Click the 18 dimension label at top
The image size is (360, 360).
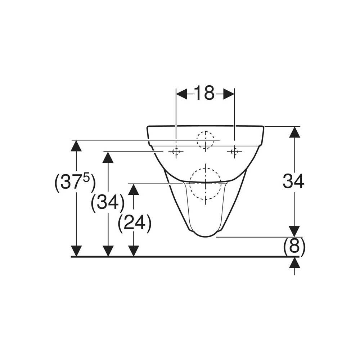(204, 93)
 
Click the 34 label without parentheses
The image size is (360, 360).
(293, 181)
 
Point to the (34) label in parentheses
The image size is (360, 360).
(108, 202)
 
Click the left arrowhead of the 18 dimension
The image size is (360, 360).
(181, 94)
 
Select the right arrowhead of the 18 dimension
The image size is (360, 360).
(229, 94)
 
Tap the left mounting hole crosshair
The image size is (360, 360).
(176, 152)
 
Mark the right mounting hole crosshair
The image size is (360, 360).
(234, 152)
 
